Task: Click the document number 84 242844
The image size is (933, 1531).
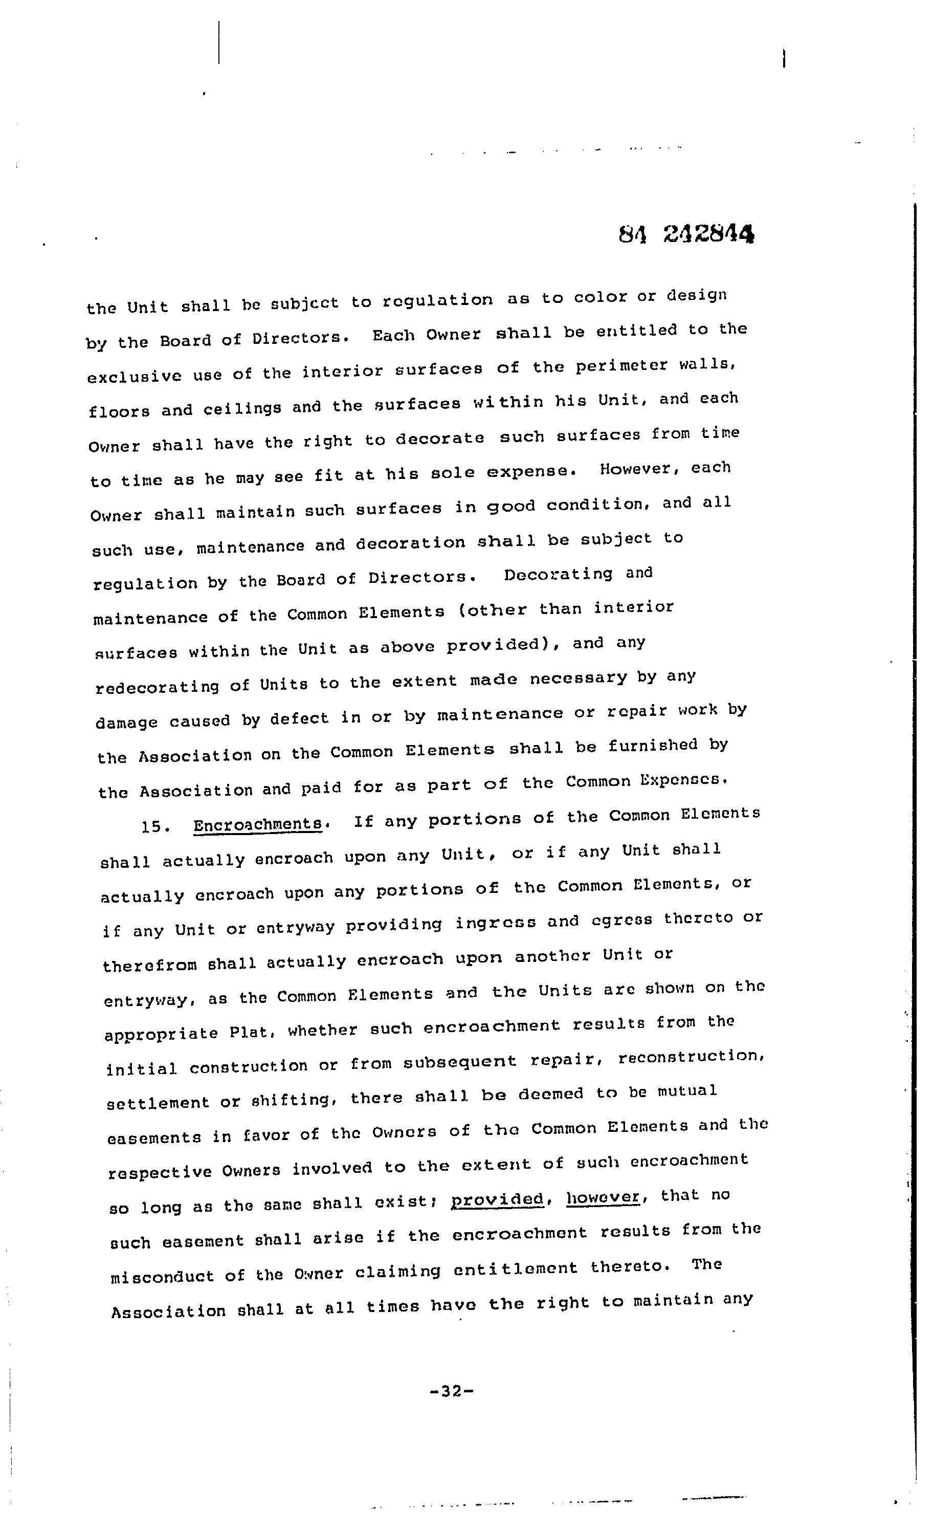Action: pos(686,234)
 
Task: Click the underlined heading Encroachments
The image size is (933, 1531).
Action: pos(257,824)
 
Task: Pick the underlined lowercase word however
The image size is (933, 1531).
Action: pos(603,1196)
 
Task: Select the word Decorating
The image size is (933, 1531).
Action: pos(558,574)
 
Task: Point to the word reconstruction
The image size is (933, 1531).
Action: pos(690,1057)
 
